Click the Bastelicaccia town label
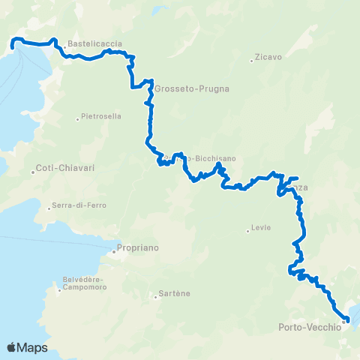94,44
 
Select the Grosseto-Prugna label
192,88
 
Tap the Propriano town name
139,247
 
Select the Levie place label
262,228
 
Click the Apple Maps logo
28,347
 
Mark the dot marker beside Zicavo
252,61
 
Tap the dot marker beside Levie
247,231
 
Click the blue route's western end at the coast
13,47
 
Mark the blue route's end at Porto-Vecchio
348,320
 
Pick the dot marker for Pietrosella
77,118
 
